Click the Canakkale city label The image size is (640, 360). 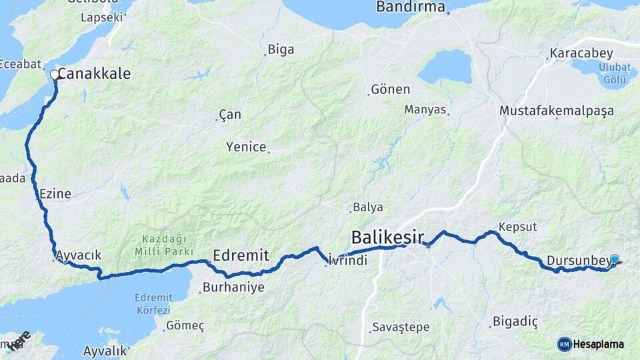pyautogui.click(x=94, y=74)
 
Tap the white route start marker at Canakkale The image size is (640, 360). pyautogui.click(x=55, y=75)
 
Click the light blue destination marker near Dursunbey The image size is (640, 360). pyautogui.click(x=614, y=260)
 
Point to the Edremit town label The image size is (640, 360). pyautogui.click(x=241, y=255)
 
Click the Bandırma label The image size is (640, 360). pyautogui.click(x=410, y=7)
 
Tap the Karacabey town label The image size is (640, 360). pyautogui.click(x=576, y=53)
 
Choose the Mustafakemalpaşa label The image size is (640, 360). pyautogui.click(x=557, y=111)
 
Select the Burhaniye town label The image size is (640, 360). pyautogui.click(x=233, y=288)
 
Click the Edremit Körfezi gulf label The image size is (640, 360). pyautogui.click(x=153, y=304)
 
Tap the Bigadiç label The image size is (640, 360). pyautogui.click(x=515, y=322)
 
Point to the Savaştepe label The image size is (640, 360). pyautogui.click(x=400, y=327)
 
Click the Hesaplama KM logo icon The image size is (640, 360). pyautogui.click(x=564, y=344)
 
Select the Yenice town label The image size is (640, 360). pyautogui.click(x=246, y=147)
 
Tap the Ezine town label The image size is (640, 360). pyautogui.click(x=55, y=194)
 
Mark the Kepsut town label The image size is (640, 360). pyautogui.click(x=517, y=227)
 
